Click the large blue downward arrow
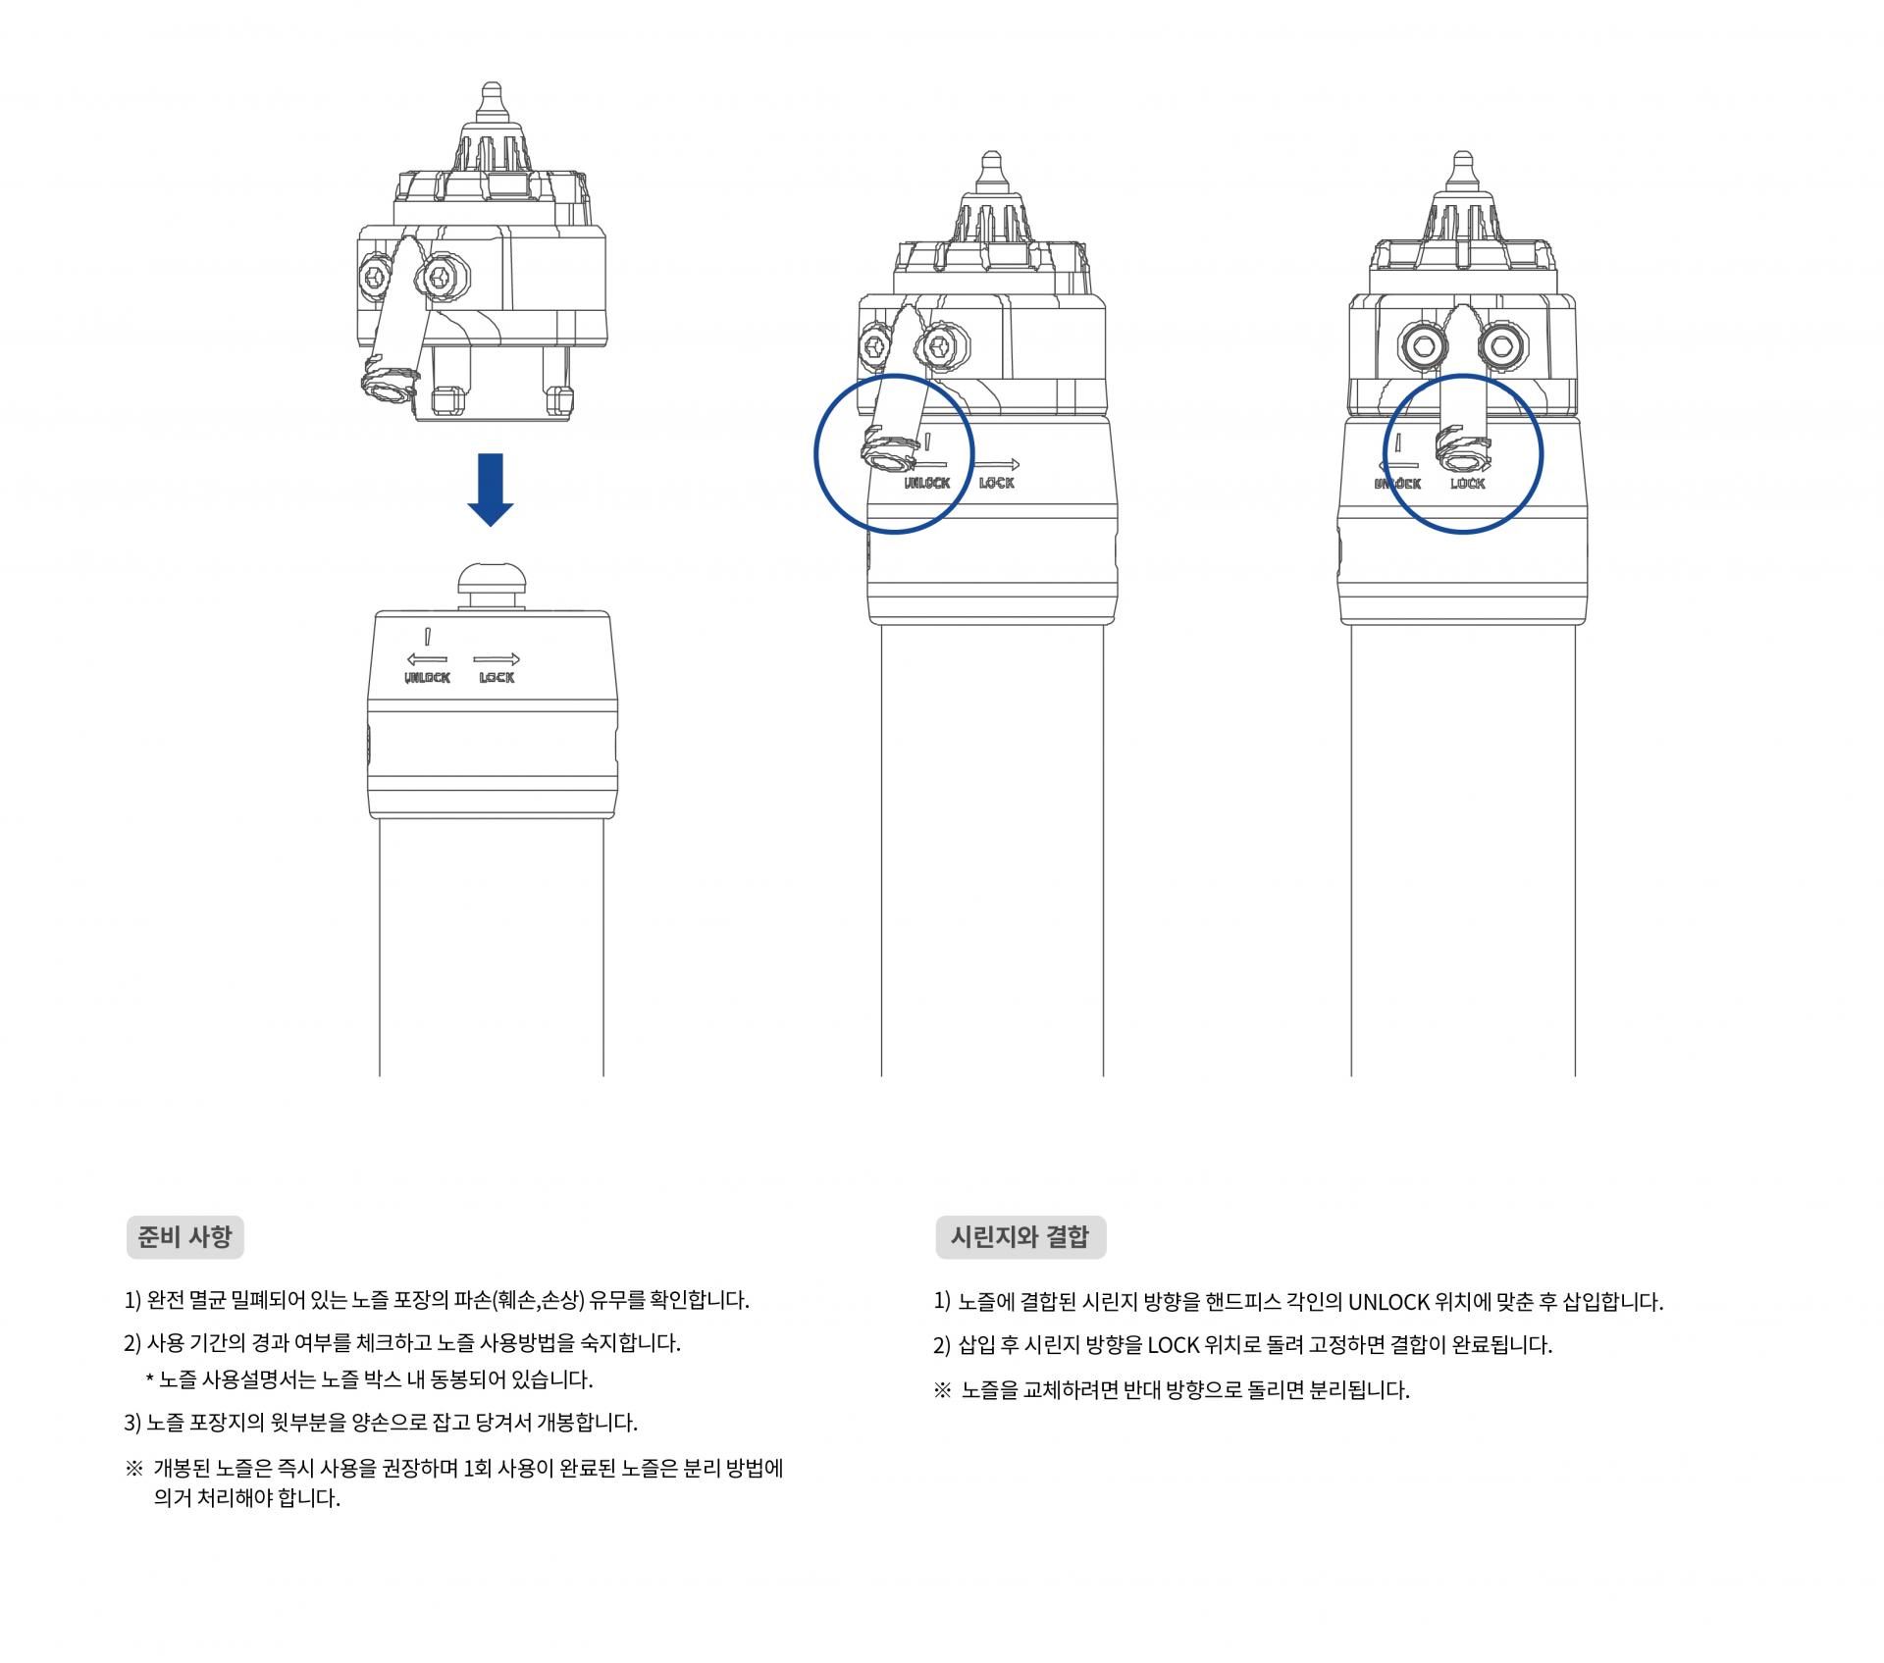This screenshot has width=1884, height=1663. click(x=490, y=489)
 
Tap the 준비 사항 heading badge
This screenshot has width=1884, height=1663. click(x=184, y=1237)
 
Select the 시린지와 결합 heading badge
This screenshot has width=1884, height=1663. click(x=1020, y=1237)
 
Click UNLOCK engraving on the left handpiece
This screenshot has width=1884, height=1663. click(x=427, y=678)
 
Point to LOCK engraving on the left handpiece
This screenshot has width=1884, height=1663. click(x=497, y=678)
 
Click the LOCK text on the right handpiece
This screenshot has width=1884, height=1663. click(x=1468, y=484)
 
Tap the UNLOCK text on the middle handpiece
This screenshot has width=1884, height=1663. click(x=927, y=483)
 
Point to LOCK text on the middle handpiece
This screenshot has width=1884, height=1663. click(x=997, y=483)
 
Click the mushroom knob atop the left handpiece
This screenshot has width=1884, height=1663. click(x=490, y=586)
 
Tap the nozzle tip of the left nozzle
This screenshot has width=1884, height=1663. click(x=490, y=98)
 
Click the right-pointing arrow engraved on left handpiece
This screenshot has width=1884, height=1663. click(x=497, y=659)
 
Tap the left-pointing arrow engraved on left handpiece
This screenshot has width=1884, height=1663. click(x=427, y=659)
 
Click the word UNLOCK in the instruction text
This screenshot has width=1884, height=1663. click(x=1388, y=1302)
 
